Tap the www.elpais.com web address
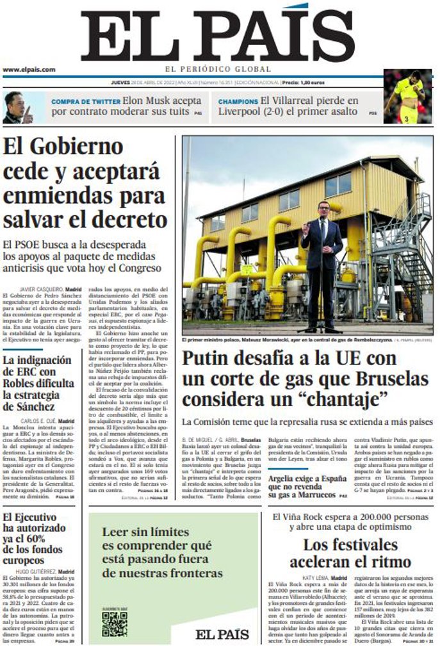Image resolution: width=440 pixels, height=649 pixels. click(x=29, y=69)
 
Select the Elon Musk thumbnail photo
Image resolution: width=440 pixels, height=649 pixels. click(x=17, y=107)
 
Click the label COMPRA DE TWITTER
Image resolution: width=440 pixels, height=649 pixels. click(x=85, y=101)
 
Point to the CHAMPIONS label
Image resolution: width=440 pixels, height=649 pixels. click(x=238, y=101)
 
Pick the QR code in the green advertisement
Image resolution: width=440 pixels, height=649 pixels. click(x=114, y=623)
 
